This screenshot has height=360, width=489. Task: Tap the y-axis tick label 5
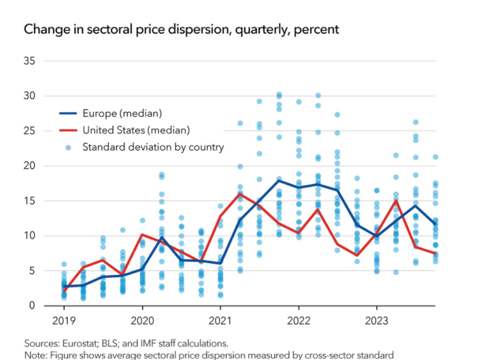tap(32, 270)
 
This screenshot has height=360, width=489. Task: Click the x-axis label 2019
tap(63, 319)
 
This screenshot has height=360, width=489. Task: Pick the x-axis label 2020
tap(142, 319)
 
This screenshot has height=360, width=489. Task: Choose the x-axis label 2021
tap(220, 319)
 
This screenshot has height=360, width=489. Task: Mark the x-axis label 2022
tap(299, 319)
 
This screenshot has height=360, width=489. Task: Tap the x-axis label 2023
tap(377, 319)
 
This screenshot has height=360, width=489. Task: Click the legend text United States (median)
tap(136, 130)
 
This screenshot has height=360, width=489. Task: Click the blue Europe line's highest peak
tap(278, 180)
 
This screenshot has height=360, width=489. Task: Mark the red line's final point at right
tap(435, 253)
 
